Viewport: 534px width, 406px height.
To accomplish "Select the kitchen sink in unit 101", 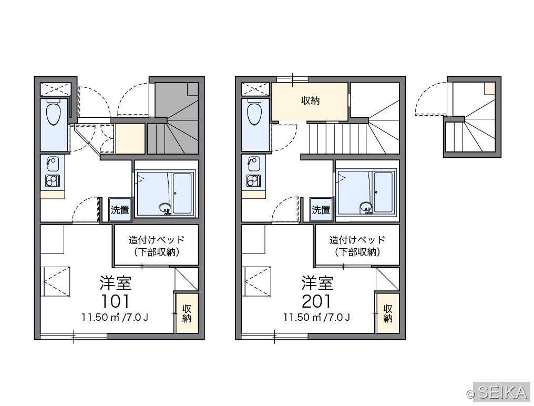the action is click(53, 164).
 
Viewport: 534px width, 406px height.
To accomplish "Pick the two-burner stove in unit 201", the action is click(253, 181).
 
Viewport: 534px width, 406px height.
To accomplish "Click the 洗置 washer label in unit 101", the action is click(120, 210).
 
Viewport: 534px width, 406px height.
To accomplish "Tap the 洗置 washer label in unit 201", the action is click(321, 210).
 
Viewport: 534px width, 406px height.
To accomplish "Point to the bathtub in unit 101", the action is click(182, 194).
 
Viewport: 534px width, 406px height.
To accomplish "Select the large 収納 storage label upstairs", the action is click(310, 100).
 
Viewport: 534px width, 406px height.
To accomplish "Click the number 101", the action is click(116, 301).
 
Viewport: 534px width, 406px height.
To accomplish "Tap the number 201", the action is click(316, 301).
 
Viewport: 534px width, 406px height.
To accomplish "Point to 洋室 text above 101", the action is click(116, 282).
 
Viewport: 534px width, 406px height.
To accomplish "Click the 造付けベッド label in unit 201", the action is click(357, 240).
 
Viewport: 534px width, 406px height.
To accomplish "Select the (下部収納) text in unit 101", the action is click(156, 252).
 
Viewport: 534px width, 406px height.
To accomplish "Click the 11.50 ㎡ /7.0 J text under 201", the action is click(317, 317).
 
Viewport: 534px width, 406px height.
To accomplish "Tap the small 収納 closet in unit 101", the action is click(186, 313).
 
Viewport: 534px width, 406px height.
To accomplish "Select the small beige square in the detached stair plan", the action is click(490, 88).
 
